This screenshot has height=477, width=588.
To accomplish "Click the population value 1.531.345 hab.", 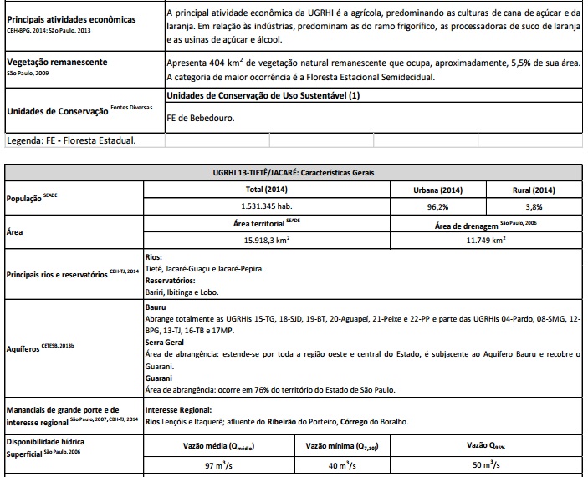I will (x=265, y=206).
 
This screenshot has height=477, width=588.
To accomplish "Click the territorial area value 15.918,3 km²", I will (x=265, y=240).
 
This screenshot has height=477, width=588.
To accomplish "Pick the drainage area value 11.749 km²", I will (x=485, y=240).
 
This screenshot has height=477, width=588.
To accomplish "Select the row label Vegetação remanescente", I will (x=57, y=63).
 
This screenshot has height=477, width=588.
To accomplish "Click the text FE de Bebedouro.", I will (x=201, y=118).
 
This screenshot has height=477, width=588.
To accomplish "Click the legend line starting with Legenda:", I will (x=71, y=140).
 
